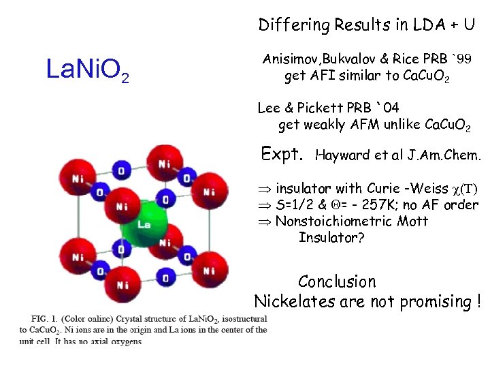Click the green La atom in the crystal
click(x=144, y=226)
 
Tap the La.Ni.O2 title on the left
click(x=87, y=70)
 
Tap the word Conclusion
click(x=337, y=281)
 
